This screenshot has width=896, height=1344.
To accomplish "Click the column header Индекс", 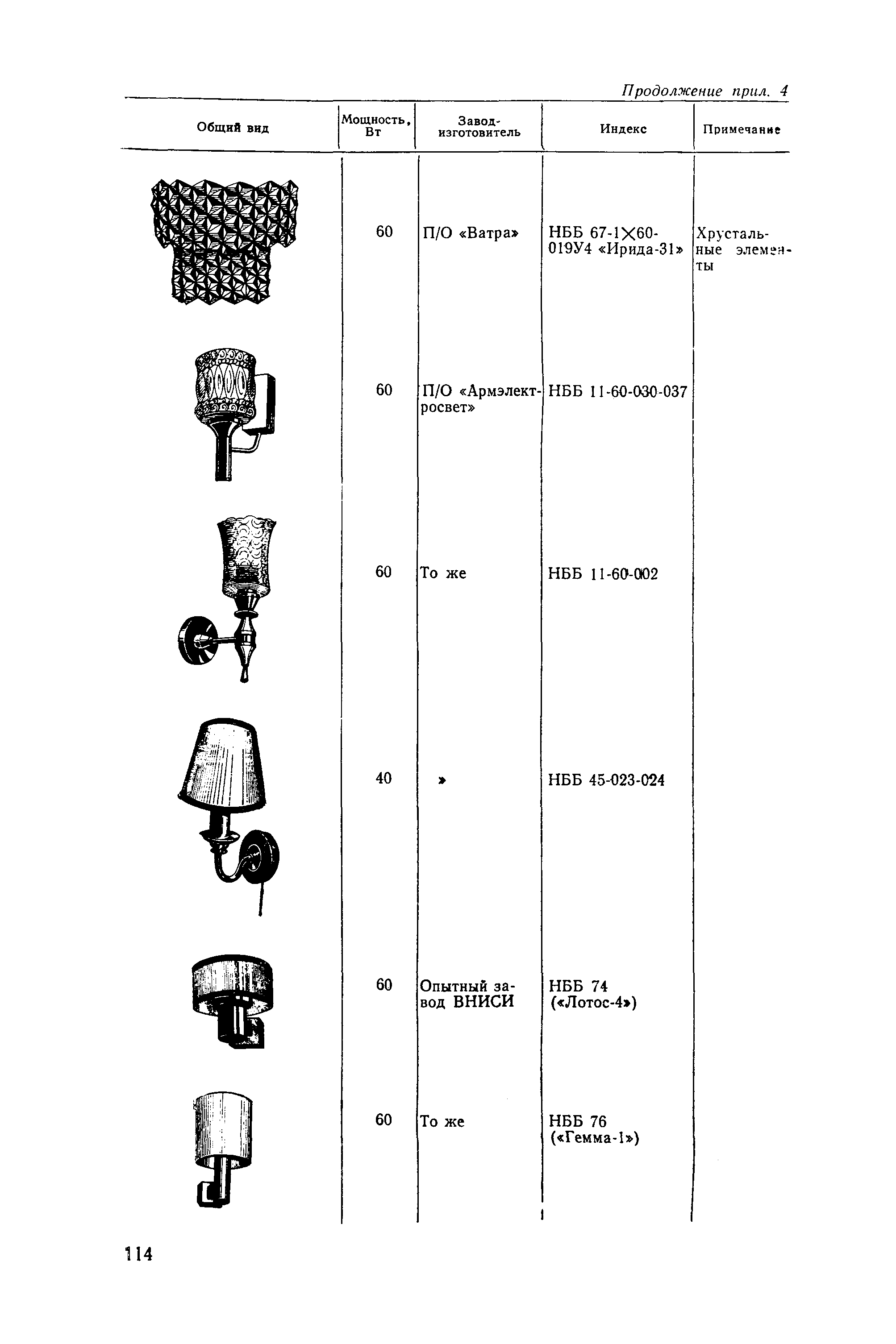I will click(x=623, y=129).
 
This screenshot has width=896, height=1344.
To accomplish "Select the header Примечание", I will click(x=741, y=130).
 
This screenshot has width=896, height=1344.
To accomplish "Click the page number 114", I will click(x=139, y=1254).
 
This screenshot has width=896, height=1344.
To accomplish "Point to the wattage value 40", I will click(x=383, y=778).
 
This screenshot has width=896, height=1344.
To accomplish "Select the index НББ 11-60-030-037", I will click(x=617, y=392).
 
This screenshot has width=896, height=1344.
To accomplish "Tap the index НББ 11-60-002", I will click(x=603, y=573).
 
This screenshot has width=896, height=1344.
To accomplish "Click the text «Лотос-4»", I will click(x=594, y=1003).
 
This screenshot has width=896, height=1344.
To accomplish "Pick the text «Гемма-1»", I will click(x=594, y=1138).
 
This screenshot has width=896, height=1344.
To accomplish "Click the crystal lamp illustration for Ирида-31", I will click(x=225, y=241).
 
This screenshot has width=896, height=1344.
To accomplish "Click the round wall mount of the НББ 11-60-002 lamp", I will click(x=195, y=640).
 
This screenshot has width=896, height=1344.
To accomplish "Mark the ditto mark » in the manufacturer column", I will click(x=442, y=780).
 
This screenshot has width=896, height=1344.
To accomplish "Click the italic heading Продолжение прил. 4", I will click(x=704, y=91).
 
